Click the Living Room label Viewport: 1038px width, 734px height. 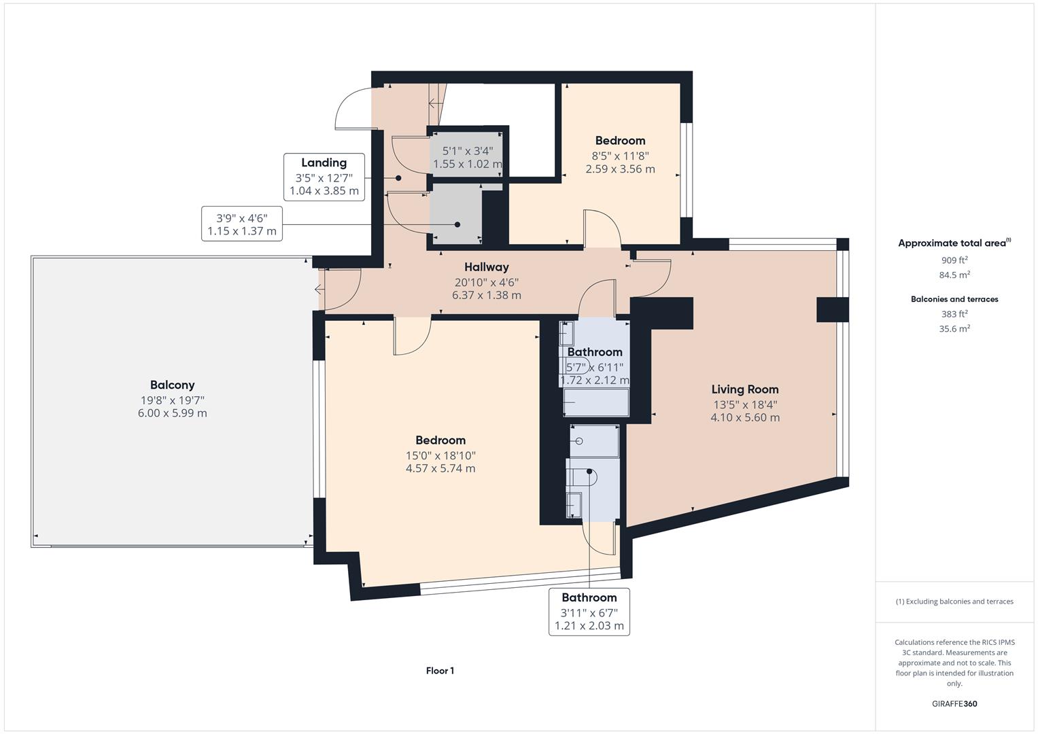coord(745,389)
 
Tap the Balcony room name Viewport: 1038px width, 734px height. coord(172,385)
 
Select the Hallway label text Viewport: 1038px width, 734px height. coord(487,267)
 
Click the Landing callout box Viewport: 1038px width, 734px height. coord(324,177)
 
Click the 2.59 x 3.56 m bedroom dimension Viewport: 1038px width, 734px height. coord(620,169)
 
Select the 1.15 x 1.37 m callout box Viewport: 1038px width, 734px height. coord(242,224)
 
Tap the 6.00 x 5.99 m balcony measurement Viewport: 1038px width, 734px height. coord(172,413)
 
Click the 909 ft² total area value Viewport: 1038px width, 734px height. coord(954,260)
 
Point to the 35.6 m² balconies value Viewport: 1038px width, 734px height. coord(954,329)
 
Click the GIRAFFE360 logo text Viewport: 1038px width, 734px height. coord(954,703)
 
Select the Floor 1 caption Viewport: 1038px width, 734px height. coord(440,671)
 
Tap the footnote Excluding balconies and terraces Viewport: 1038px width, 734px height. coord(954,601)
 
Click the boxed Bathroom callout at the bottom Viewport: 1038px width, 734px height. coord(589,612)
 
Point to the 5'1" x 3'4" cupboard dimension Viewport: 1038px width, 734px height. coord(468,151)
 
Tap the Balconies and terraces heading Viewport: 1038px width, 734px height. coord(954,299)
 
